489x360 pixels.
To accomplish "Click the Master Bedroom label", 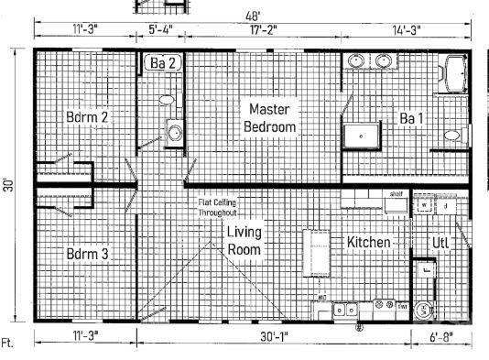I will (270, 118).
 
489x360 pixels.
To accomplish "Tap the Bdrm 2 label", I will (88, 117).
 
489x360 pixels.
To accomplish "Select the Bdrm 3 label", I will (88, 253).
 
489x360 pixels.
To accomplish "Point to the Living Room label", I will (244, 240).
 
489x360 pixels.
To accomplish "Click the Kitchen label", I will (369, 242).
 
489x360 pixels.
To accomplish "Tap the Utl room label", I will (441, 242).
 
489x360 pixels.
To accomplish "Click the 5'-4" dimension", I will (160, 29).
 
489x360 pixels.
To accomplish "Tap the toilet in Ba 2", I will (167, 100).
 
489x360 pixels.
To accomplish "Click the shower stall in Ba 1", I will (361, 136).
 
